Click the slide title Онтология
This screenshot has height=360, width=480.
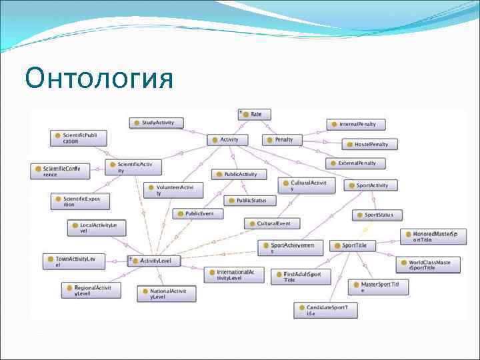click(99, 78)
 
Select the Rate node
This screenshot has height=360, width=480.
click(255, 115)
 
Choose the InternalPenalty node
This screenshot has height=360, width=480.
click(357, 124)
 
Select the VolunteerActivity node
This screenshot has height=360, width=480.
click(173, 191)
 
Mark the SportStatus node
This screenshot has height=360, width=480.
click(377, 215)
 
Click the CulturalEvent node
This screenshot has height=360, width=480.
click(272, 224)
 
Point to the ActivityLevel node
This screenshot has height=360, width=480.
click(155, 261)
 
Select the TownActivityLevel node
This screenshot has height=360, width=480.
click(74, 261)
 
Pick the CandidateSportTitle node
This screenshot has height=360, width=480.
click(326, 310)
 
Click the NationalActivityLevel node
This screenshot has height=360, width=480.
click(167, 294)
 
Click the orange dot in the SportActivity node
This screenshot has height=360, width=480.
click(352, 185)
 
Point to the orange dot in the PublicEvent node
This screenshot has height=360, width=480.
click(181, 213)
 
